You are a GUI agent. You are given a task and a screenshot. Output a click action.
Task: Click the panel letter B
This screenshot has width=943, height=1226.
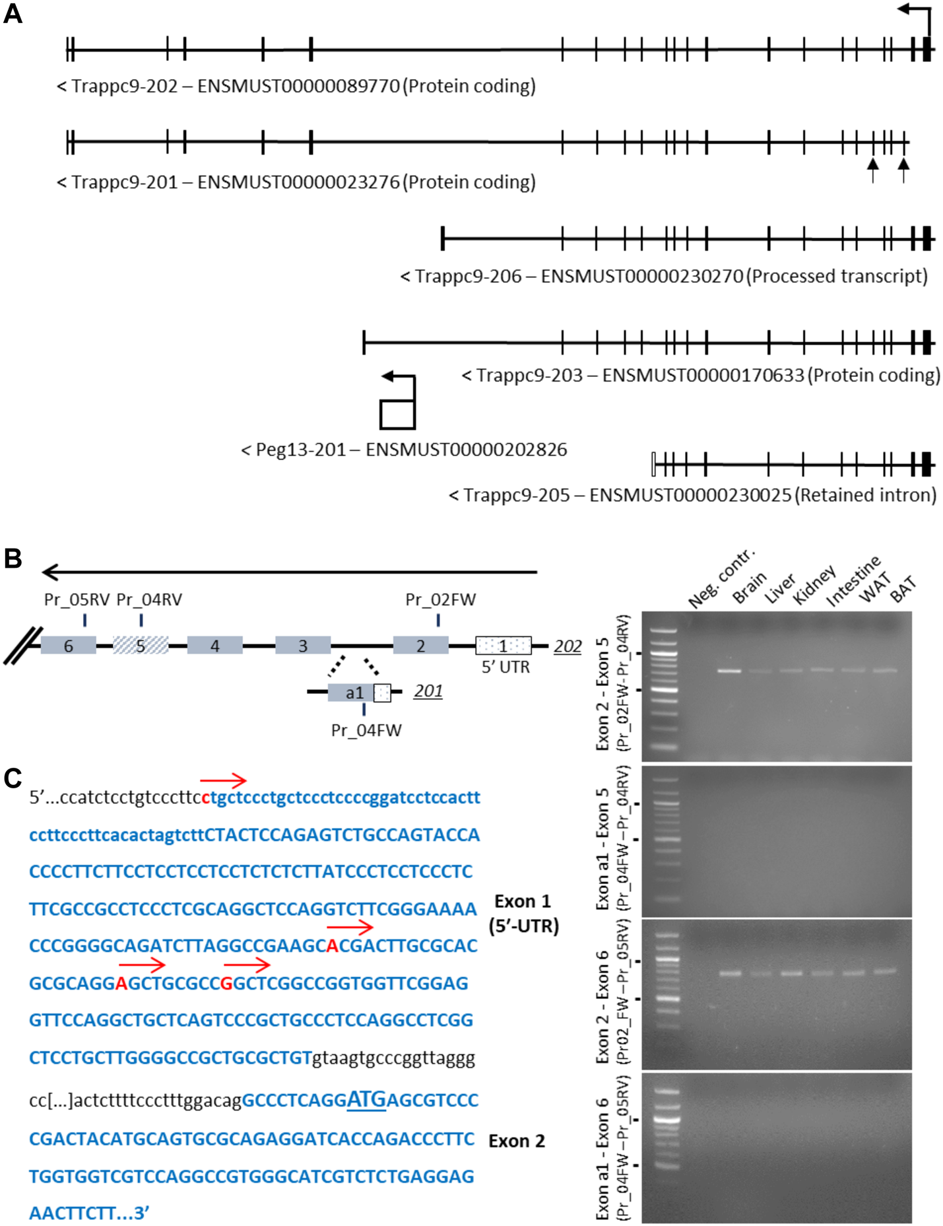pos(13,559)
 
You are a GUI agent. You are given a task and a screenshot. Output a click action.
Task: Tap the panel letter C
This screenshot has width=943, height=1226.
pos(13,778)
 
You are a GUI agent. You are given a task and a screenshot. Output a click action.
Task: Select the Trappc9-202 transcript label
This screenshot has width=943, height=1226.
pos(296,86)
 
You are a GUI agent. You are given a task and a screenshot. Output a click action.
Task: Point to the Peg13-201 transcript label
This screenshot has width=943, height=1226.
pos(404,450)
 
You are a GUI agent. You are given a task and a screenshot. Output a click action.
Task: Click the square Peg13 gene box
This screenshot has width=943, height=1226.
pos(397,413)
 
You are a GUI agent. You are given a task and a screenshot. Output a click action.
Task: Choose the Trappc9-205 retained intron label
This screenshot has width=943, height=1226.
pos(692,495)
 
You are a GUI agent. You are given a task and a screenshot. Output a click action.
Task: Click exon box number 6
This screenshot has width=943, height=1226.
pos(68,646)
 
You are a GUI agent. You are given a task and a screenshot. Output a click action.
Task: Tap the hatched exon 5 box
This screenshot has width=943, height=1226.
pos(141,646)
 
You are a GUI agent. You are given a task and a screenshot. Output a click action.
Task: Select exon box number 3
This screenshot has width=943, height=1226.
pos(302,646)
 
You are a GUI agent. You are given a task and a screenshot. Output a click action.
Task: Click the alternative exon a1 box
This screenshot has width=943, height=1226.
pos(351,693)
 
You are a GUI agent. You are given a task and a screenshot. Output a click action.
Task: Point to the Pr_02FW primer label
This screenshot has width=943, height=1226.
pos(440,599)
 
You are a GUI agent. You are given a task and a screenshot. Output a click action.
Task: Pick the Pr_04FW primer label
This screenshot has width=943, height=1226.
pos(366,730)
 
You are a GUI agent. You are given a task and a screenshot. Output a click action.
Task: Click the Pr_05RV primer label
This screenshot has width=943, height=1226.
pos(77,599)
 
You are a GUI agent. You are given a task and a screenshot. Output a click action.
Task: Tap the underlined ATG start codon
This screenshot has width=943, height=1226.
pos(366,1100)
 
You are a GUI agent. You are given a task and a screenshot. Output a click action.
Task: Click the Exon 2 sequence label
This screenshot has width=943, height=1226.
pos(516,1141)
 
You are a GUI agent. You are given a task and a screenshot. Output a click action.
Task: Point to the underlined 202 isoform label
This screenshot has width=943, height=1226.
pos(568,646)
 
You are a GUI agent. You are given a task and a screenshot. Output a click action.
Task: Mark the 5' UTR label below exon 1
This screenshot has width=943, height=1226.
pos(505,667)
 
